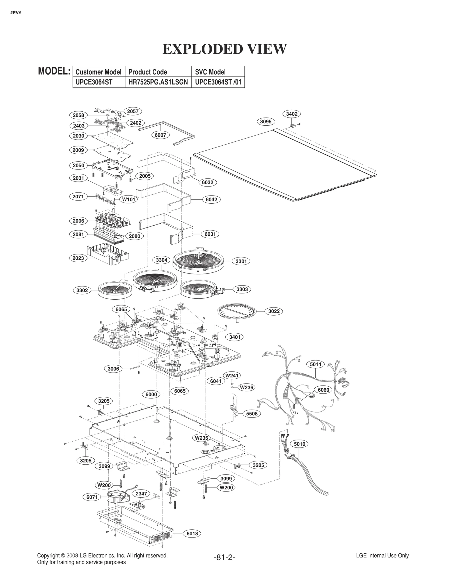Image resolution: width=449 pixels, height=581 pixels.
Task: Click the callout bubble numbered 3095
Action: tap(265, 121)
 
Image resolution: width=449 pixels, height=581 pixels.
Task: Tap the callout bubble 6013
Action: tap(192, 533)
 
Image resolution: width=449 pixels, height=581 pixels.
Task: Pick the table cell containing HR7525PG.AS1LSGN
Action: tap(158, 82)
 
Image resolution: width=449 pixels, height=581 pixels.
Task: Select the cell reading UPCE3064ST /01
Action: tap(218, 82)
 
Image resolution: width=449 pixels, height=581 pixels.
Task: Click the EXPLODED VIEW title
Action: tap(224, 49)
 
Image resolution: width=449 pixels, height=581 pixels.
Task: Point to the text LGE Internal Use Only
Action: tap(382, 555)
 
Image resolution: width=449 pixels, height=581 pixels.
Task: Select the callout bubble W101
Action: tap(129, 200)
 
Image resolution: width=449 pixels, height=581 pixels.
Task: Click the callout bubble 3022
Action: tap(274, 311)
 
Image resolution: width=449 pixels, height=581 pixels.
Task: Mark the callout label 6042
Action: tap(211, 199)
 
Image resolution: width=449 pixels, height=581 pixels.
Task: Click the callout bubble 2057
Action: tap(133, 111)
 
